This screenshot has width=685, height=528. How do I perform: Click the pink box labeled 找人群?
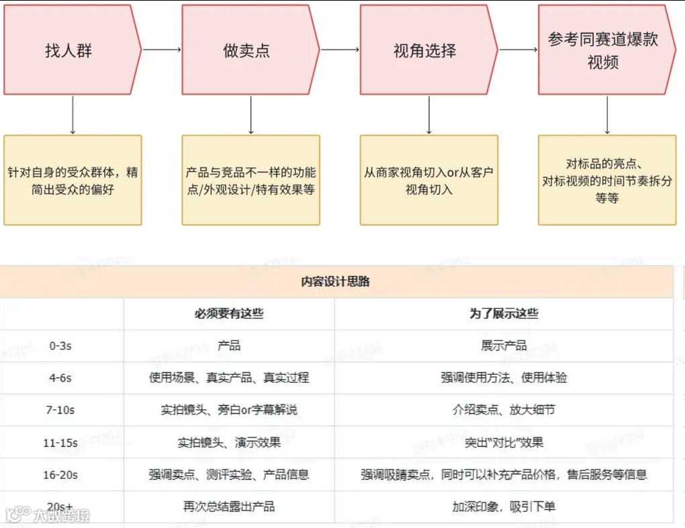[x=68, y=50]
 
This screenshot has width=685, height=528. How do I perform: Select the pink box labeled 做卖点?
[x=247, y=50]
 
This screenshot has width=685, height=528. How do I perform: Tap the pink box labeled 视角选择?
[x=425, y=50]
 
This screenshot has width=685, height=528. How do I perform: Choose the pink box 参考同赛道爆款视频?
[x=603, y=50]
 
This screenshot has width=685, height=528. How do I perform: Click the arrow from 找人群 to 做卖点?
[x=162, y=50]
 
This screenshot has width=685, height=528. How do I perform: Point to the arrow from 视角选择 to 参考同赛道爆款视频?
[x=518, y=50]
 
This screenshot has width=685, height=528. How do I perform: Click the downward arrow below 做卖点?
[x=250, y=115]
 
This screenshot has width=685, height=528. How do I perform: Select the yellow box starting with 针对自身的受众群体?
[x=73, y=180]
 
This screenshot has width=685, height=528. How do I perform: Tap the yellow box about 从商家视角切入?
[x=429, y=180]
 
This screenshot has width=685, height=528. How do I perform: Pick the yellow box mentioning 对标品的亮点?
[x=607, y=180]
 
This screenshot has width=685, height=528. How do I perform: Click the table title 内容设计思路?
[x=336, y=281]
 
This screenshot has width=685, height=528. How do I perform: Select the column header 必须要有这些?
[x=229, y=314]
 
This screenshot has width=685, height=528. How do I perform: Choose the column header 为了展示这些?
[x=504, y=314]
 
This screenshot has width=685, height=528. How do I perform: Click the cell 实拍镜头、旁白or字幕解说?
[x=229, y=410]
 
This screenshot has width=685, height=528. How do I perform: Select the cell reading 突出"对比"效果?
[x=504, y=442]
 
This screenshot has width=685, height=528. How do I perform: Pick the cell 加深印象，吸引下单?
[x=504, y=507]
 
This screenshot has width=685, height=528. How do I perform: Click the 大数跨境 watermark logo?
[x=47, y=515]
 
